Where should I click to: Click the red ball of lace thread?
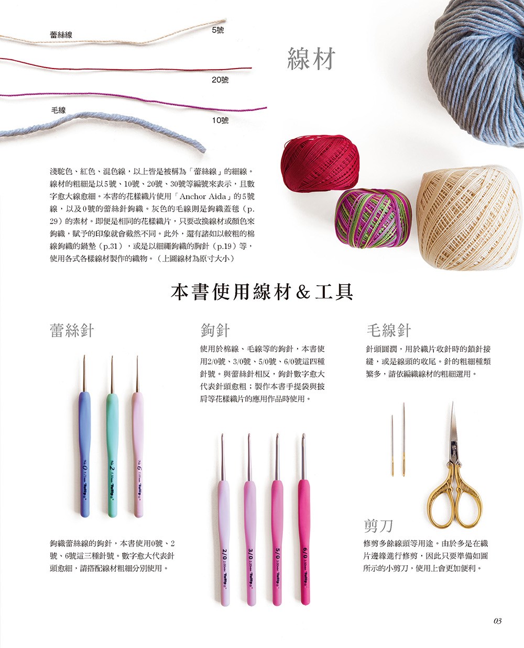[320, 163]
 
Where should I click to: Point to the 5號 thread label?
[218, 30]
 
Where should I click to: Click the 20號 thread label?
[220, 80]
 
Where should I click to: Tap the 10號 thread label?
[220, 120]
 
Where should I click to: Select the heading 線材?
[311, 59]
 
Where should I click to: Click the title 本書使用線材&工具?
[262, 293]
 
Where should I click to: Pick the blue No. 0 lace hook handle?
[85, 454]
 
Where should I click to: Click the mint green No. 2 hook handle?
[112, 455]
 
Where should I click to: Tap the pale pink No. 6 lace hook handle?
[138, 455]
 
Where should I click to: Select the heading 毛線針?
[389, 330]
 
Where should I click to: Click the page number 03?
[497, 621]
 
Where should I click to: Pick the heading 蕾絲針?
[72, 330]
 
